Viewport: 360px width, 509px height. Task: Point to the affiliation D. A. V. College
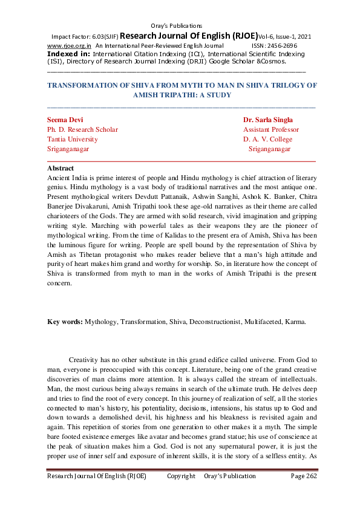click(x=267, y=139)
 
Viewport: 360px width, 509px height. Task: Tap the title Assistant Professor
click(x=271, y=129)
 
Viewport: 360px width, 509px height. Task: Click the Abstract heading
click(x=61, y=168)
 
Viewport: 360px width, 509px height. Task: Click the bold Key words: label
click(x=65, y=322)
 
